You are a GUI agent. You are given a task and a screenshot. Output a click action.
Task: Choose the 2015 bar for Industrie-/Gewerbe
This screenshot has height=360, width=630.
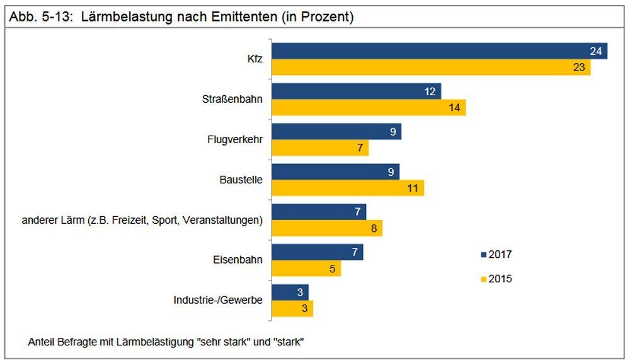(x=292, y=308)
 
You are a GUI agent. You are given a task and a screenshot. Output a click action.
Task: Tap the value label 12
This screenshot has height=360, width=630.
(x=430, y=91)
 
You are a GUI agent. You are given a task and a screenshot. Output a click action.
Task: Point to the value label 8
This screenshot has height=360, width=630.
(x=374, y=228)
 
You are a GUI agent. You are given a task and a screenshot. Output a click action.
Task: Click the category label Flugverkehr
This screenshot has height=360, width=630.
(x=235, y=139)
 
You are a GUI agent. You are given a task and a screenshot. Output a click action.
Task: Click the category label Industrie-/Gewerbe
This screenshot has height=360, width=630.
(x=218, y=300)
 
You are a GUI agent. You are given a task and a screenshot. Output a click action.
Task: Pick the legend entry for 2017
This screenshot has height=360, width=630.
(x=496, y=255)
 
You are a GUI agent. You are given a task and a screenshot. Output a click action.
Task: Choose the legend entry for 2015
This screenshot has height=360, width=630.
(x=496, y=279)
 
